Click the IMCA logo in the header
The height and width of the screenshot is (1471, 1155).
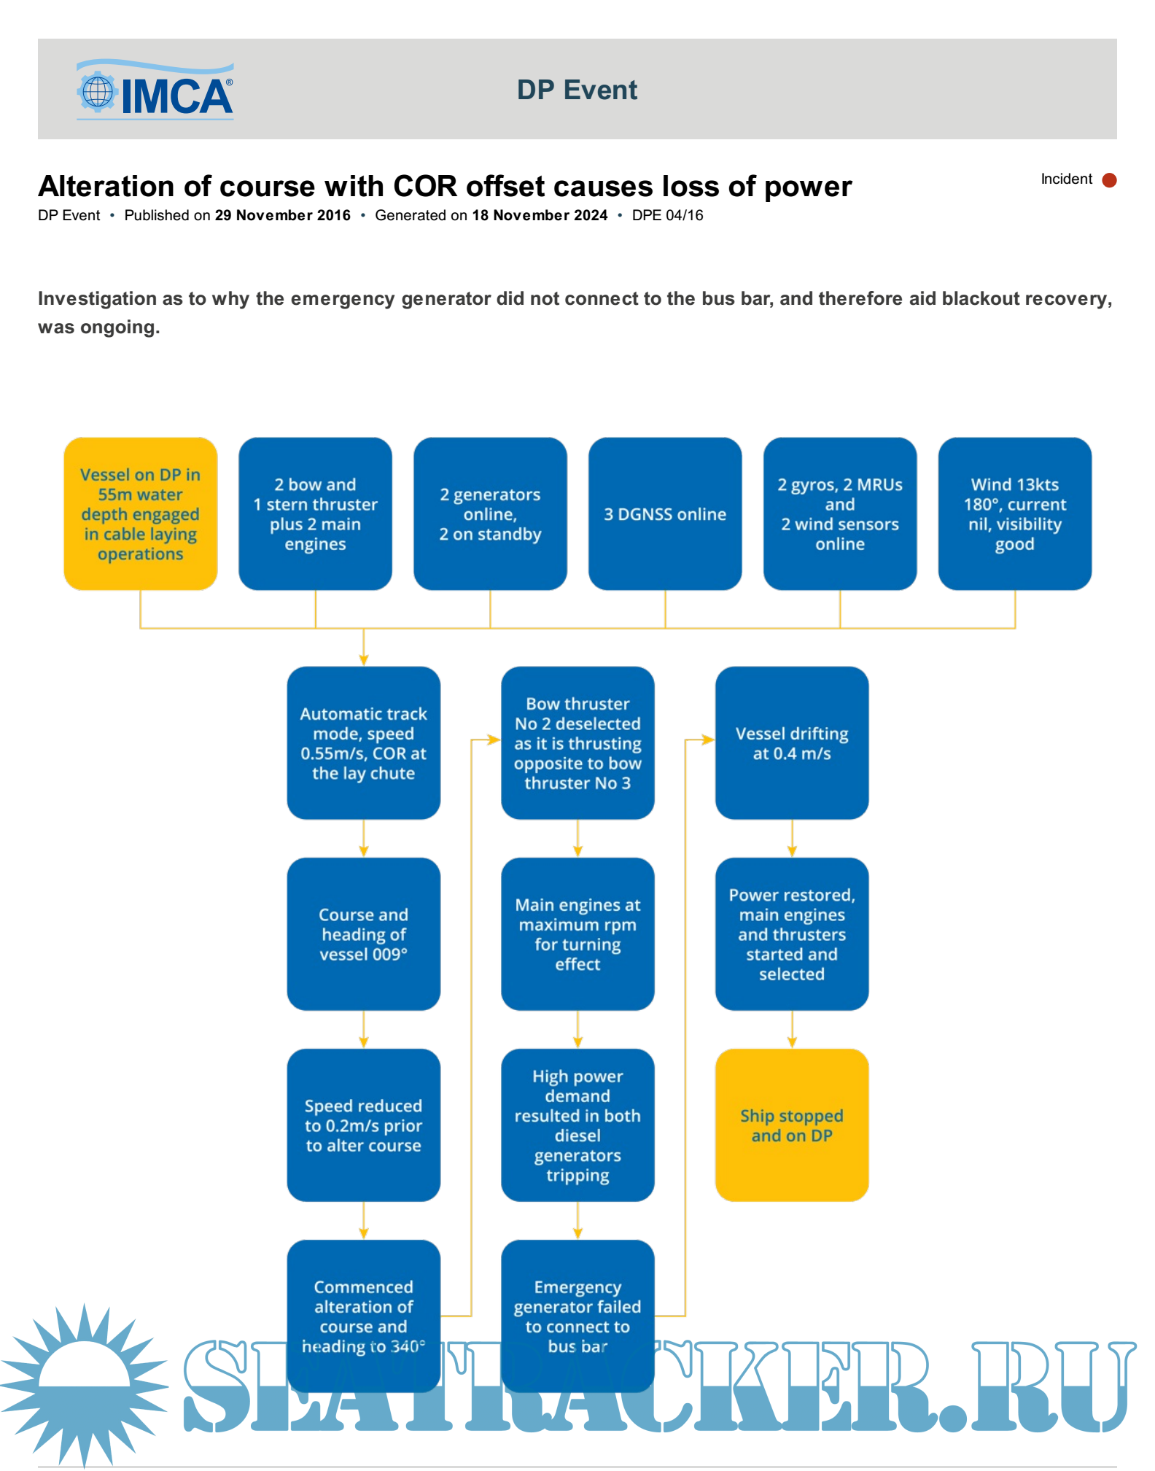(155, 90)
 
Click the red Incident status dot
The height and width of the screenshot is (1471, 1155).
(1109, 180)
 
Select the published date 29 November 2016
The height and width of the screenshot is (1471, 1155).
(282, 215)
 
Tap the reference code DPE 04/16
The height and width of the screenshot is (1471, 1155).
(667, 215)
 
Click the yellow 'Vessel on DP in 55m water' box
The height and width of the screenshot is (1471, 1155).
(140, 513)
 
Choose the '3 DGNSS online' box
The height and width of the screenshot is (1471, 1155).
(664, 513)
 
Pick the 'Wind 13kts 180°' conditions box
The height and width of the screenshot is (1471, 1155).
(1014, 513)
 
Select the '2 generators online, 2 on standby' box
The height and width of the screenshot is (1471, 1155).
(490, 513)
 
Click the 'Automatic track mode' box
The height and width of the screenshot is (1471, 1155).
(363, 742)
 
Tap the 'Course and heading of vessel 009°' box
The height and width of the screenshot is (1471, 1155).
(363, 934)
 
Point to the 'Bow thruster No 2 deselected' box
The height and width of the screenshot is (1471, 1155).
(577, 742)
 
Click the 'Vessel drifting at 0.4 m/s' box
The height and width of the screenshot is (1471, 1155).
(791, 742)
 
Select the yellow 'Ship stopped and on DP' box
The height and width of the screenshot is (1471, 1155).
(791, 1125)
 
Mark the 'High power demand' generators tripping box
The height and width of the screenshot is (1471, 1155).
(577, 1125)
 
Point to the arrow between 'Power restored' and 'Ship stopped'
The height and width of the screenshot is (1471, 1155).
(792, 1030)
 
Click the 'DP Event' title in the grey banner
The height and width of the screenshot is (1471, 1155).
(577, 90)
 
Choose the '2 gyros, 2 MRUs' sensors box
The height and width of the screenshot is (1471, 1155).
(839, 513)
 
